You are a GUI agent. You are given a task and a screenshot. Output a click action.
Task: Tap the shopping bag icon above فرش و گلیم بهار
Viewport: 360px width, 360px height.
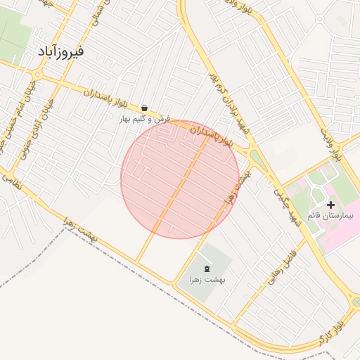[144, 108]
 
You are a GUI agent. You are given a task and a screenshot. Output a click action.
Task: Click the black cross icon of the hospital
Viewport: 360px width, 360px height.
[331, 204]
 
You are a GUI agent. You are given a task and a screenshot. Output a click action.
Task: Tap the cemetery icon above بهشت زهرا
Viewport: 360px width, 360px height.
[207, 269]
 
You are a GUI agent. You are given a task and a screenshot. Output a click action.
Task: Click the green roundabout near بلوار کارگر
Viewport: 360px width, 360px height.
[356, 302]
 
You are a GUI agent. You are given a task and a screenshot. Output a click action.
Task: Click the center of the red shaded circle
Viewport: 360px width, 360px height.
[180, 179]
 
